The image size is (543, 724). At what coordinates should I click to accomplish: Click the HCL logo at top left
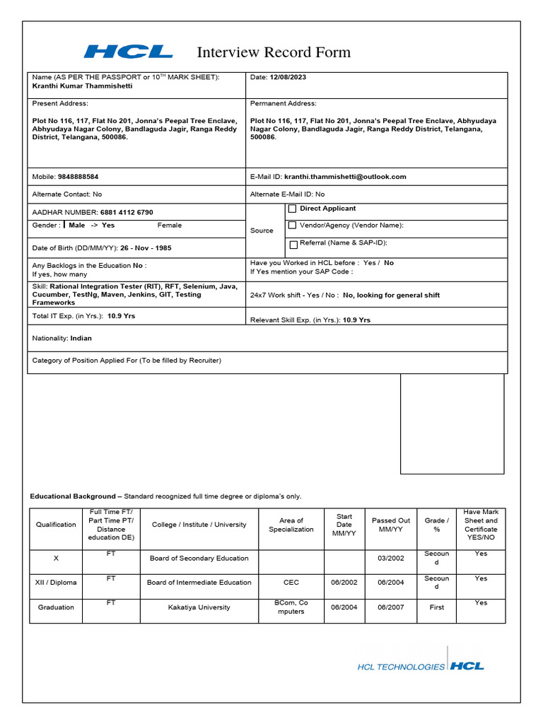point(128,52)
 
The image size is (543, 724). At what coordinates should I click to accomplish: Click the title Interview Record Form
point(273,52)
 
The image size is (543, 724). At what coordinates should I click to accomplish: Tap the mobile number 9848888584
point(78,177)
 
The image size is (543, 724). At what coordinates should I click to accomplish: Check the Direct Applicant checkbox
point(293,209)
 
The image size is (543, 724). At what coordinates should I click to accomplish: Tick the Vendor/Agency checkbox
point(293,226)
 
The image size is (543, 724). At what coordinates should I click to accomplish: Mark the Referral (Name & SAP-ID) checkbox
point(293,244)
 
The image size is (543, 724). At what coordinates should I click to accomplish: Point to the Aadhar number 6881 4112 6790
point(127,212)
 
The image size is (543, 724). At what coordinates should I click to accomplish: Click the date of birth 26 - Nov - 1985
point(146,248)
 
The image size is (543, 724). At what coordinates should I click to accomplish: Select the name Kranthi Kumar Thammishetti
point(83,86)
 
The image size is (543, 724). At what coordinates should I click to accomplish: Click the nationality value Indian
point(81,338)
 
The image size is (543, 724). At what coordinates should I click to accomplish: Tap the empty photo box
point(452,424)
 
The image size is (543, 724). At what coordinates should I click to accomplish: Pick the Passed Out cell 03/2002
point(391,558)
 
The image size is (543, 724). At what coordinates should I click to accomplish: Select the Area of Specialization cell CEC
point(291,583)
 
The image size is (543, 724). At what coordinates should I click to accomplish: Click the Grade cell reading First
point(436,607)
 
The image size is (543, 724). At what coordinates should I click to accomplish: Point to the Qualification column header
point(56,525)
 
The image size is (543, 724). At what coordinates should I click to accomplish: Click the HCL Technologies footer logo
point(421,666)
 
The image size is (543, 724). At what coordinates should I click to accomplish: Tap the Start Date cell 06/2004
point(344,607)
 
